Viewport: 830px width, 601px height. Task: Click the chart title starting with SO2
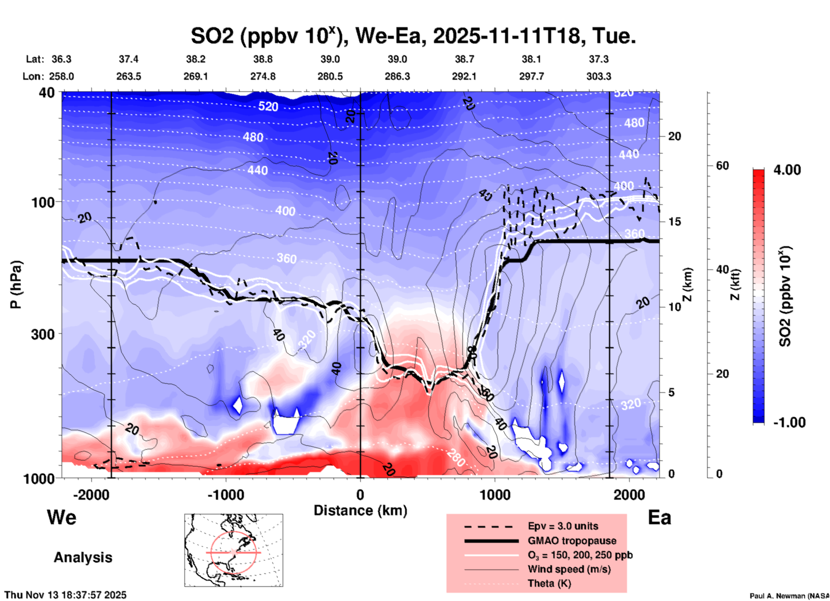click(413, 36)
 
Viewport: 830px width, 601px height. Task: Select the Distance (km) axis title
click(360, 510)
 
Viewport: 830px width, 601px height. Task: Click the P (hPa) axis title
click(16, 285)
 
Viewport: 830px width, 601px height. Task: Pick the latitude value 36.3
click(61, 59)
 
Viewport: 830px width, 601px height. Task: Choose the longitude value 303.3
click(599, 76)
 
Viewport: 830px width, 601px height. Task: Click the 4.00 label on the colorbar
click(787, 170)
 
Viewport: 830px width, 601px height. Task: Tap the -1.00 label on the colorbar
click(789, 423)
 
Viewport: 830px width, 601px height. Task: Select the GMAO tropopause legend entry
click(572, 541)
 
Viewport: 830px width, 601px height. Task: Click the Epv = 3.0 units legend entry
click(563, 526)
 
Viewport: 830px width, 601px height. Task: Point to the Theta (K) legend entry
click(549, 583)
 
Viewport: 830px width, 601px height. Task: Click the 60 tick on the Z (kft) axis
click(722, 166)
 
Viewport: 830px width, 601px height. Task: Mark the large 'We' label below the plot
click(62, 517)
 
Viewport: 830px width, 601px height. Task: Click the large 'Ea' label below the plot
click(659, 517)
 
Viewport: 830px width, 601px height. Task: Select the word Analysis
click(83, 557)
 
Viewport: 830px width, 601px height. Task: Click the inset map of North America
click(234, 550)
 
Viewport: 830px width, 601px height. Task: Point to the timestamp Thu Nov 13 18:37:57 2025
click(66, 595)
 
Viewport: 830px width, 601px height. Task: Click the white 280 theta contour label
click(456, 457)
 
